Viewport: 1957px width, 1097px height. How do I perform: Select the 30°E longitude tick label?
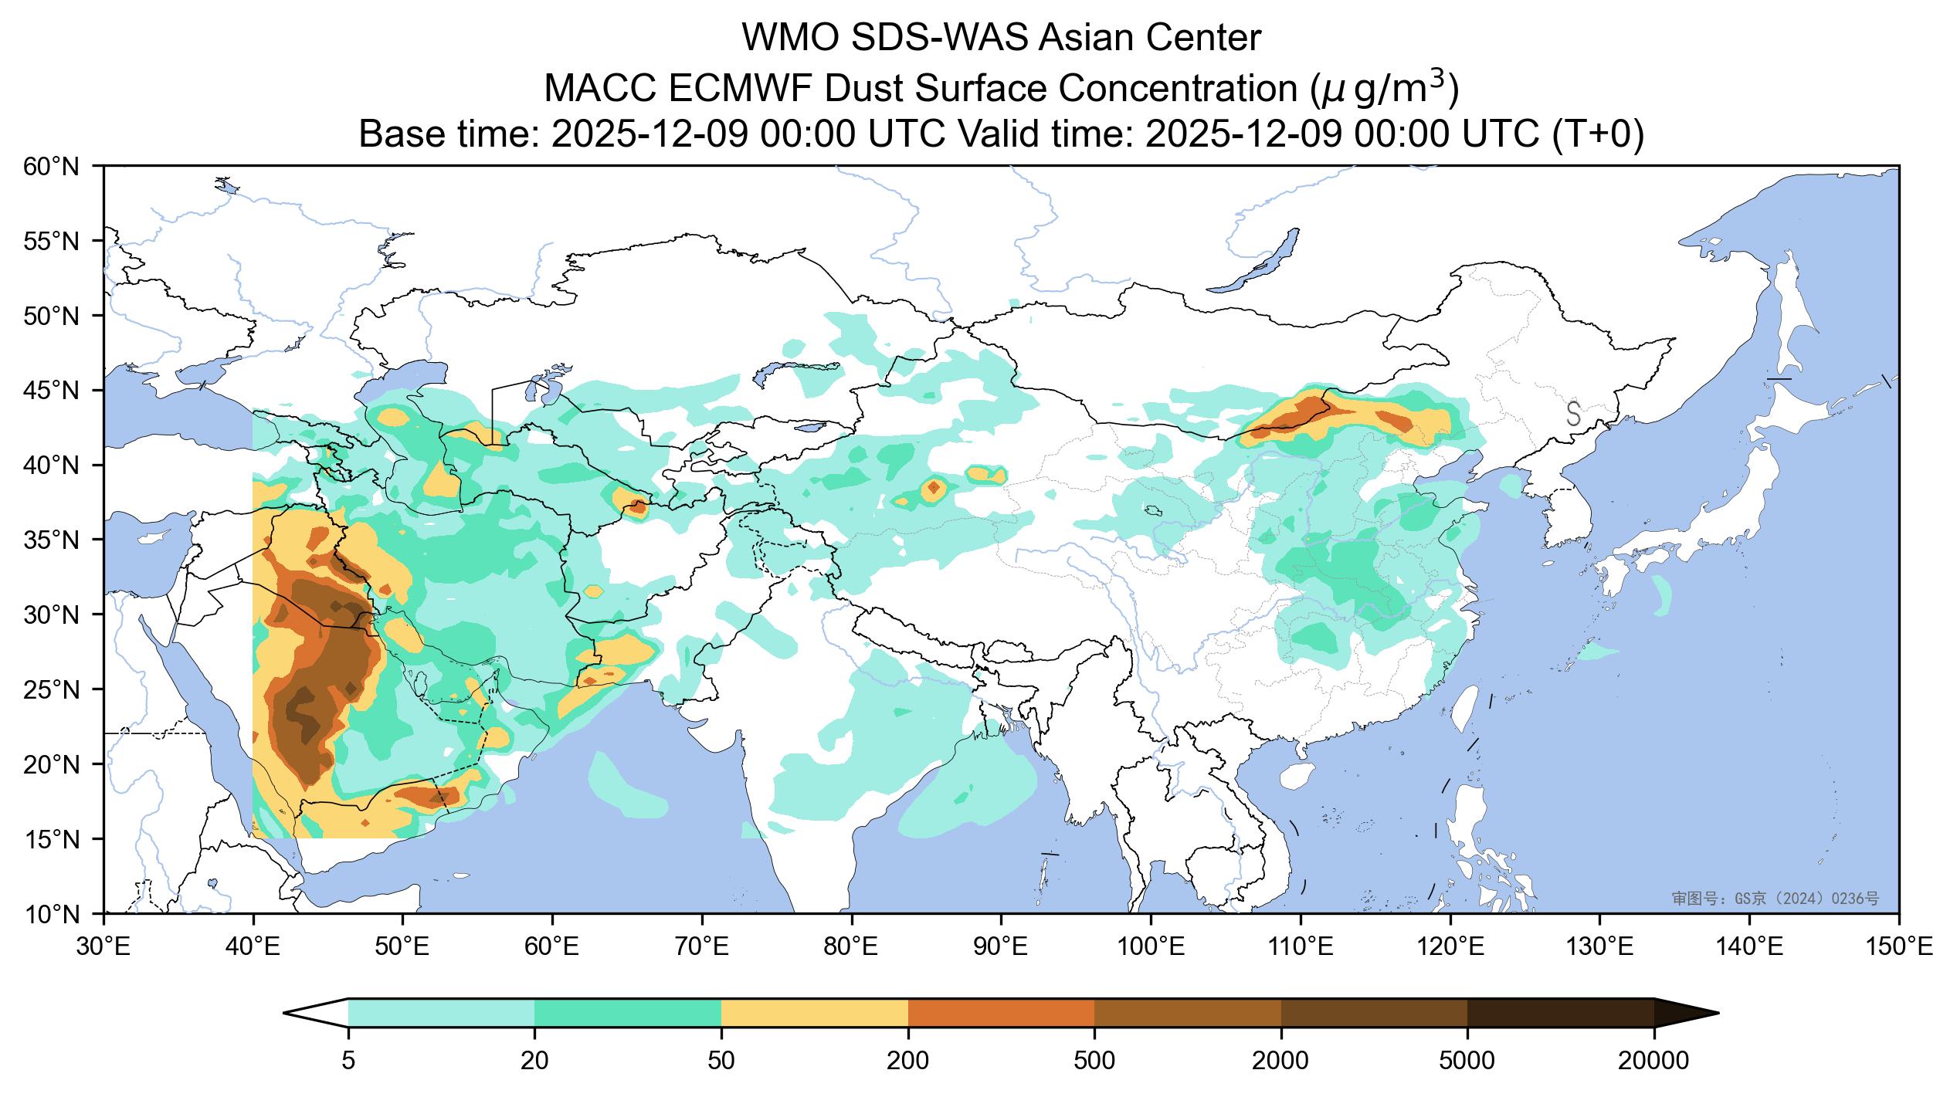click(103, 946)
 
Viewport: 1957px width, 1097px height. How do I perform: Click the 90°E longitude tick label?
click(1002, 946)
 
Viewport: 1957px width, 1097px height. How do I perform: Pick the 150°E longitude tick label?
click(1898, 946)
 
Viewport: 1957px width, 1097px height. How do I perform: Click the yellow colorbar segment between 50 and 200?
click(815, 1013)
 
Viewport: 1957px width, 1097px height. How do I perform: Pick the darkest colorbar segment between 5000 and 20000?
click(1560, 1013)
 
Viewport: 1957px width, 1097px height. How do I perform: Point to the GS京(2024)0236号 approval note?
click(1775, 899)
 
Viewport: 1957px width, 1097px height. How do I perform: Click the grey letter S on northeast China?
click(1573, 413)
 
